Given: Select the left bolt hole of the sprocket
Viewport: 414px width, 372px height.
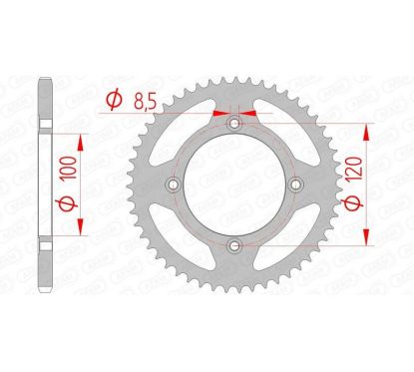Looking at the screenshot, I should pos(174,186).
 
